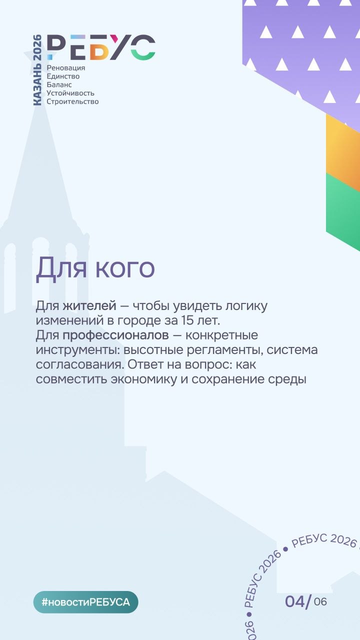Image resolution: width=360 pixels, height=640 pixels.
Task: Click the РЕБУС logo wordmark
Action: [x=101, y=47]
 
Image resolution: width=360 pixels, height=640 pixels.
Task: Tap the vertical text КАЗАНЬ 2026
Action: [x=37, y=70]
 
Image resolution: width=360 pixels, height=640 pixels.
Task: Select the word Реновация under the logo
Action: [x=66, y=68]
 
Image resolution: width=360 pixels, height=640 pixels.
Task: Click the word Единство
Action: [x=63, y=76]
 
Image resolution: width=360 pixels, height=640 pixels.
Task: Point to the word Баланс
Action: [x=59, y=84]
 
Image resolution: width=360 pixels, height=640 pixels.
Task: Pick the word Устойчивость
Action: [x=70, y=93]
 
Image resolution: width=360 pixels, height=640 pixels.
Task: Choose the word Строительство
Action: [x=72, y=101]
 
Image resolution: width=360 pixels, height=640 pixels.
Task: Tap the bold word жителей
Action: [x=89, y=305]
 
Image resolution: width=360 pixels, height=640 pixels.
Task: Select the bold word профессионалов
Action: [x=115, y=335]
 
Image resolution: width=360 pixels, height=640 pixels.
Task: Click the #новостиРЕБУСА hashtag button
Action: [x=85, y=602]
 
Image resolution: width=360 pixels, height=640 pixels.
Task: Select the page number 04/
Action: [x=297, y=601]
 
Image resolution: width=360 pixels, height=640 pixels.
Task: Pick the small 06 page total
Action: [x=320, y=601]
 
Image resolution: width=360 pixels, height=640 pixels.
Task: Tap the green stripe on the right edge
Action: [x=343, y=211]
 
